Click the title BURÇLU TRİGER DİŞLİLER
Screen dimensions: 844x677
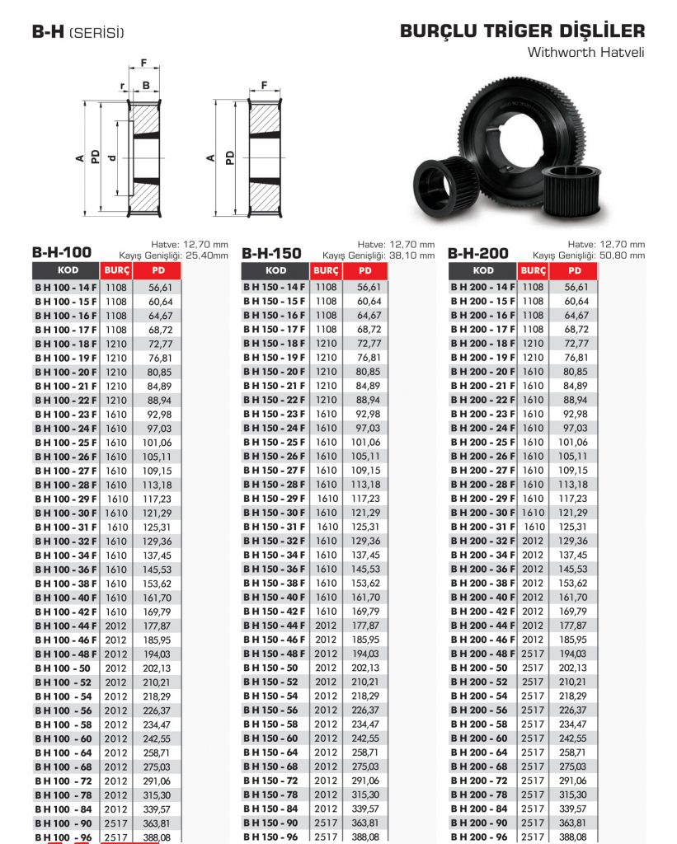[522, 31]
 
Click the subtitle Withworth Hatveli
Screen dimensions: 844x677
[585, 52]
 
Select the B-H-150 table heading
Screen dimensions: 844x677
[271, 253]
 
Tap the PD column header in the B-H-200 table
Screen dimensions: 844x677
[576, 270]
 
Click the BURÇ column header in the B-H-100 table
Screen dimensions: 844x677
[115, 270]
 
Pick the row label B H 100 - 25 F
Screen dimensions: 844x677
[65, 443]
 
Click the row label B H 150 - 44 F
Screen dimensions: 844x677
[275, 626]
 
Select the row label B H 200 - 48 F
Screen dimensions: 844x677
[483, 654]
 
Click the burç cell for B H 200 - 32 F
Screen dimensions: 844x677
[534, 541]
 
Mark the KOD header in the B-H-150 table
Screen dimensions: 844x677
[276, 270]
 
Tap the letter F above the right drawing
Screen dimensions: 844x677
[264, 85]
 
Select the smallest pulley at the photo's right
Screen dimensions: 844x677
[575, 189]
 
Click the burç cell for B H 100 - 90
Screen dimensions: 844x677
[115, 823]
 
